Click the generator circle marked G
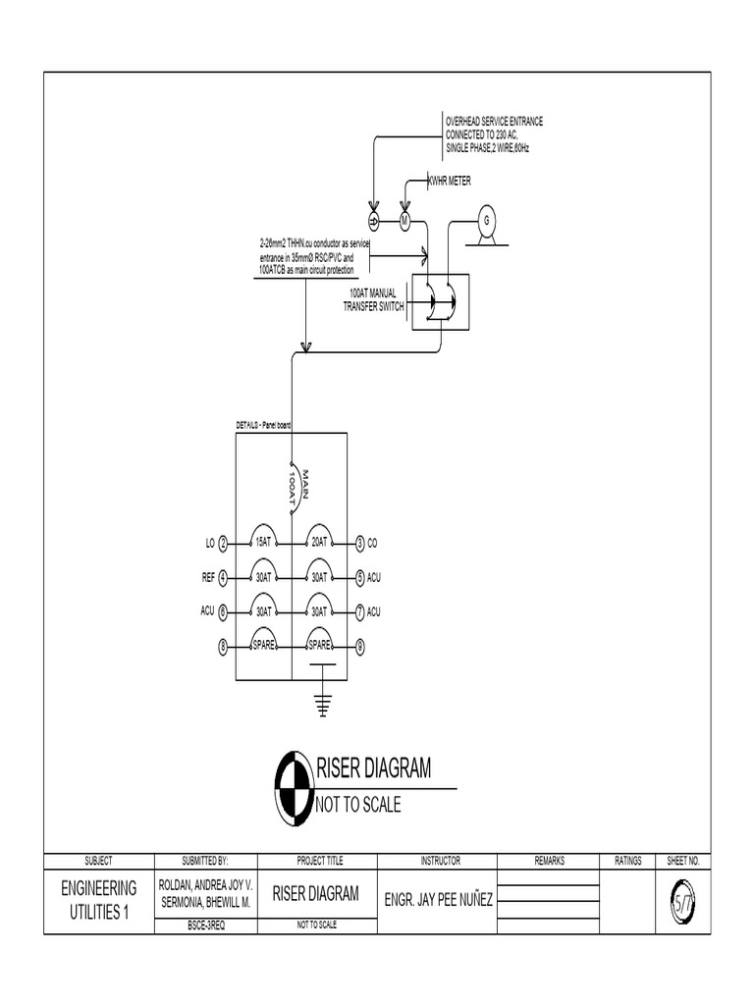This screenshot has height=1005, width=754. [x=484, y=220]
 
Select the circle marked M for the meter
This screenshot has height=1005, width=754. [x=404, y=218]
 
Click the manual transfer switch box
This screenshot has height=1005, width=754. [x=440, y=300]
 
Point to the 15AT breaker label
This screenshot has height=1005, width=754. [x=263, y=542]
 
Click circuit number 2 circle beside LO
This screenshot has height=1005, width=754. [x=223, y=543]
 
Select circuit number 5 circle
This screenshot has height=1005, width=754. [x=360, y=577]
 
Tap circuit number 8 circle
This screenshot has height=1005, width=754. [x=223, y=646]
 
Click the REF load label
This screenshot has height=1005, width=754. [x=207, y=577]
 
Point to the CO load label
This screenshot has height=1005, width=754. [x=374, y=543]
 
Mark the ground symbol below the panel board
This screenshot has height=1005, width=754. [x=320, y=703]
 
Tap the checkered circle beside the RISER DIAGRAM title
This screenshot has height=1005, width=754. [x=291, y=786]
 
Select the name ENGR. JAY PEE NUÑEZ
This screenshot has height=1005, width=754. [x=439, y=898]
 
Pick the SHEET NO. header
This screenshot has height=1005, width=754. [x=682, y=861]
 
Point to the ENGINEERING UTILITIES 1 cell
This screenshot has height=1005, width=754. [x=98, y=899]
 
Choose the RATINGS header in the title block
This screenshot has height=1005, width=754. [x=628, y=861]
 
